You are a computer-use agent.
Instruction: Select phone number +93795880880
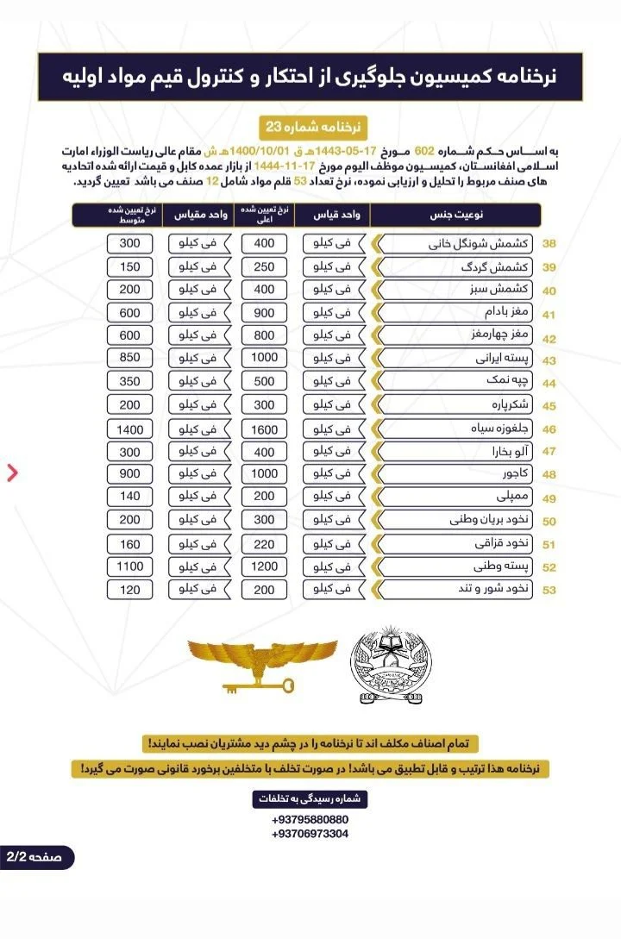pyautogui.click(x=310, y=819)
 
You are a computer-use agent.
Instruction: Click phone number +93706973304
pyautogui.click(x=310, y=834)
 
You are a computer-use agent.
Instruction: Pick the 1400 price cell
pyautogui.click(x=130, y=429)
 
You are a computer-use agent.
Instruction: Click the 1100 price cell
pyautogui.click(x=130, y=567)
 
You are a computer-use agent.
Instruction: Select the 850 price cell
pyautogui.click(x=130, y=358)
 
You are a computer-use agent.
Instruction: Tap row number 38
pyautogui.click(x=549, y=244)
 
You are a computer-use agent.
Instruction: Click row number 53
pyautogui.click(x=549, y=591)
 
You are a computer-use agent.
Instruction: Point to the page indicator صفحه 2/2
pyautogui.click(x=36, y=858)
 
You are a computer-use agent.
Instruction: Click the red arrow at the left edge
pyautogui.click(x=12, y=472)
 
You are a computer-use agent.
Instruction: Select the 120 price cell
pyautogui.click(x=130, y=590)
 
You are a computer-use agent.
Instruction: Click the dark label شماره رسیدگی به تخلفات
pyautogui.click(x=310, y=798)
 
